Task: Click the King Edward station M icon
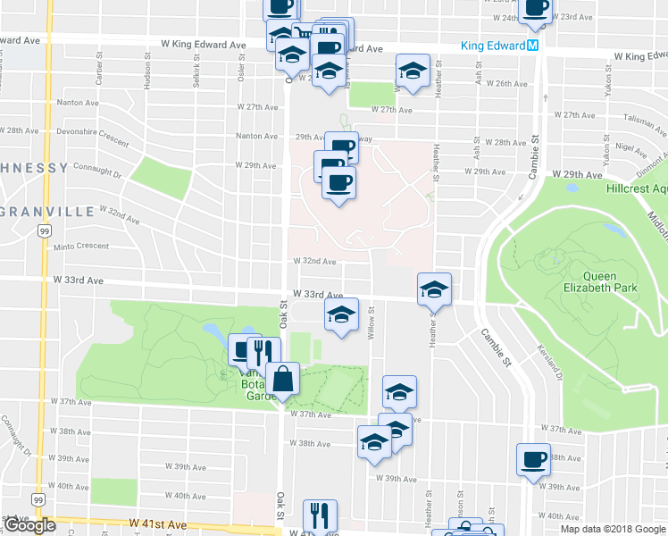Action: pyautogui.click(x=532, y=45)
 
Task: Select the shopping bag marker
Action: pyautogui.click(x=282, y=379)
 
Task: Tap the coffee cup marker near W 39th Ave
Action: pyautogui.click(x=534, y=460)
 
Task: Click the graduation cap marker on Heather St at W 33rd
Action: pyautogui.click(x=434, y=289)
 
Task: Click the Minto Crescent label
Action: pyautogui.click(x=80, y=247)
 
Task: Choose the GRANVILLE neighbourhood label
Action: pyautogui.click(x=48, y=212)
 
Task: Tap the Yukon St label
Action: pyautogui.click(x=607, y=84)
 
